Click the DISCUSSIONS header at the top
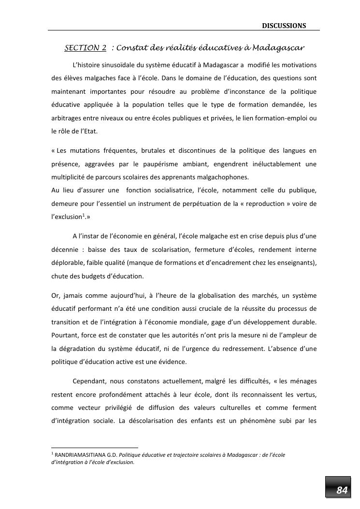(284, 26)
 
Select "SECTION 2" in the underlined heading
(86, 48)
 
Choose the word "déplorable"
(67, 263)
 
